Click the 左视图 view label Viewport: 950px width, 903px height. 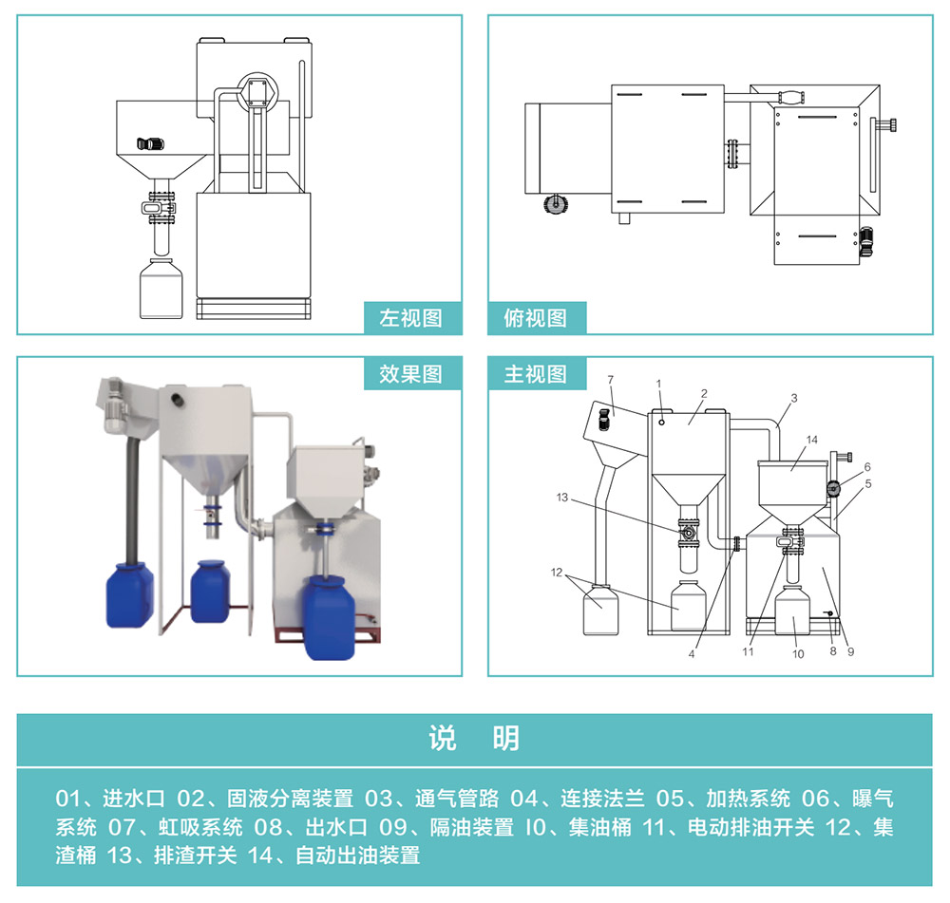coord(411,318)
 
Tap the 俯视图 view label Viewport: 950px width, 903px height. coord(536,318)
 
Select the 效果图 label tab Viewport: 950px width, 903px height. coord(411,373)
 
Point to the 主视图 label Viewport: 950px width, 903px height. coord(536,373)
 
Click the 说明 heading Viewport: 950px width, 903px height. coord(474,738)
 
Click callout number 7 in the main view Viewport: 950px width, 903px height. coord(611,380)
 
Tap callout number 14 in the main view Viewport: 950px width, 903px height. coord(811,440)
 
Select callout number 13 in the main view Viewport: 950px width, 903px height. coord(561,499)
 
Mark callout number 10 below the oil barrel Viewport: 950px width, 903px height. coord(798,654)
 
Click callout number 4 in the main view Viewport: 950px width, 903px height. coord(692,654)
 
